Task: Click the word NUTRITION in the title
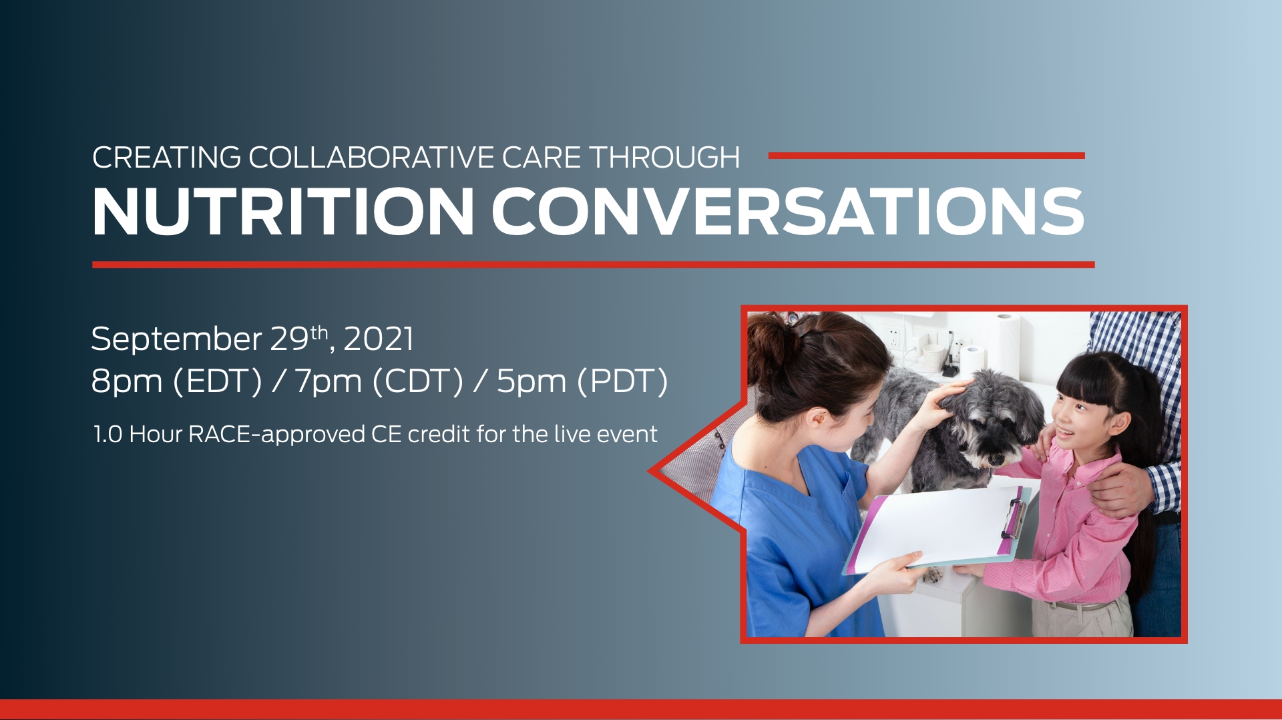tap(283, 212)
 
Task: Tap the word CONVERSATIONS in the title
tap(788, 212)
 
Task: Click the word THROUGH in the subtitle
tap(664, 158)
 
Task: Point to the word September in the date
tap(177, 340)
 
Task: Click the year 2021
tap(379, 339)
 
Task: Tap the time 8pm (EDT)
tap(177, 382)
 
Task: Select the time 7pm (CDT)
tap(379, 382)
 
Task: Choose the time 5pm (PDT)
tap(582, 382)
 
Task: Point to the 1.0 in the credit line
tap(108, 435)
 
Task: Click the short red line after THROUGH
tap(926, 156)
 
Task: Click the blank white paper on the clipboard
tap(935, 528)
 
